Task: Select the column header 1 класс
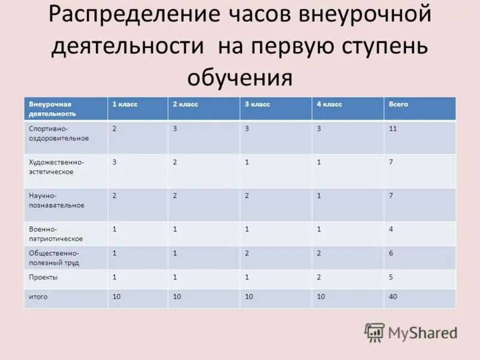tap(125, 104)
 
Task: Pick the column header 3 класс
tap(257, 104)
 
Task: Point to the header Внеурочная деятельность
tap(53, 109)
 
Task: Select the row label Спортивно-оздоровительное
tap(59, 133)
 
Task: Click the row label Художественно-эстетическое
tap(56, 167)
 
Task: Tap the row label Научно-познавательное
tap(56, 200)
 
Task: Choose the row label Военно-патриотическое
tap(56, 234)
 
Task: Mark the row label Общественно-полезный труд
tap(54, 258)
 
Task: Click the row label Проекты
tap(43, 278)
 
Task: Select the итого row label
tap(38, 297)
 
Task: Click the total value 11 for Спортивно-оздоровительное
tap(393, 128)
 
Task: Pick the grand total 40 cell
tap(393, 297)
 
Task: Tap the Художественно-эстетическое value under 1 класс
tap(115, 162)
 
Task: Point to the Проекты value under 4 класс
tap(319, 278)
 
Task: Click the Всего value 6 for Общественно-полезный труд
tap(391, 253)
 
